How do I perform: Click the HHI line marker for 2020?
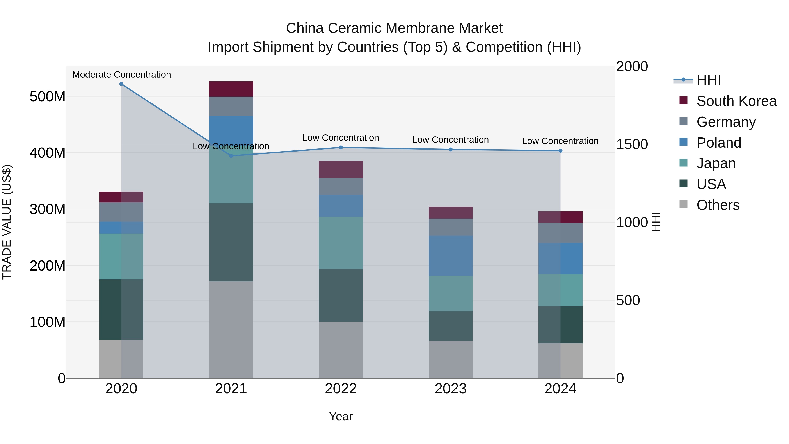(x=121, y=84)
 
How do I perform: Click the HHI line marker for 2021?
(x=231, y=156)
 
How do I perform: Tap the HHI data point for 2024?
(x=560, y=151)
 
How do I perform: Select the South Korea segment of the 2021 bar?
(x=231, y=89)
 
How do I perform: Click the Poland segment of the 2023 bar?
(x=451, y=256)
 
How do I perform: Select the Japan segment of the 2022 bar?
(x=341, y=243)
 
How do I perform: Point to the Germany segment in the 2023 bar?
(x=451, y=227)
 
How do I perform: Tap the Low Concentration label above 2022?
(x=341, y=138)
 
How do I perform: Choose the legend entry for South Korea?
(x=736, y=101)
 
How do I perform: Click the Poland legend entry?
(x=719, y=143)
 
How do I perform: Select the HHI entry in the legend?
(x=708, y=80)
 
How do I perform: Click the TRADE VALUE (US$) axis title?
(x=7, y=222)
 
